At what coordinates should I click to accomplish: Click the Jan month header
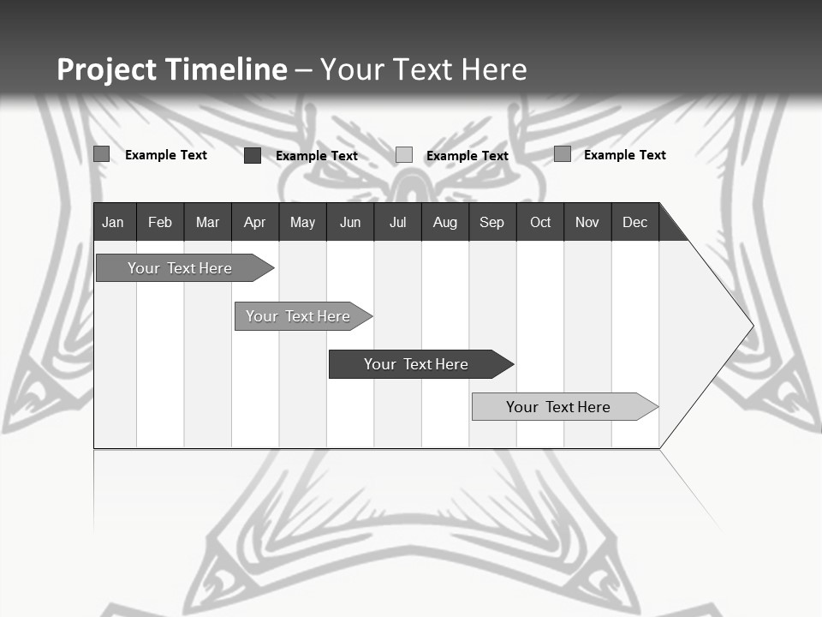[x=113, y=223]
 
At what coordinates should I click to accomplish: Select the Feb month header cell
[x=160, y=223]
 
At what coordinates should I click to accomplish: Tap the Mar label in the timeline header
[x=207, y=223]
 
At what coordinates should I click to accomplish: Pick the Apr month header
[x=254, y=223]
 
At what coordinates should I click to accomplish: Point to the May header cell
[x=302, y=223]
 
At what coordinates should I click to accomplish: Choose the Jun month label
[x=350, y=223]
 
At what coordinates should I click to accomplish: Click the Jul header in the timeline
[x=397, y=223]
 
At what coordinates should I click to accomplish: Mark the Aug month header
[x=445, y=223]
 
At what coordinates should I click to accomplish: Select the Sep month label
[x=491, y=223]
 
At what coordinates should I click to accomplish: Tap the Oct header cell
[x=540, y=223]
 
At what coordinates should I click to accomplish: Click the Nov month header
[x=587, y=223]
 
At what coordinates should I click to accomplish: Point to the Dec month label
[x=635, y=223]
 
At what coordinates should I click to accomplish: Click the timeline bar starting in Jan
[x=180, y=268]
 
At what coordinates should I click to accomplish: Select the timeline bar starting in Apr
[x=298, y=316]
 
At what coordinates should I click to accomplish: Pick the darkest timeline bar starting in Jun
[x=416, y=364]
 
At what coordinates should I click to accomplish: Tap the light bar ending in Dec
[x=558, y=407]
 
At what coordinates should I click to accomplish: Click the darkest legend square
[x=253, y=155]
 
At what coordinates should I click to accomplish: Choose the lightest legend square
[x=404, y=155]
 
